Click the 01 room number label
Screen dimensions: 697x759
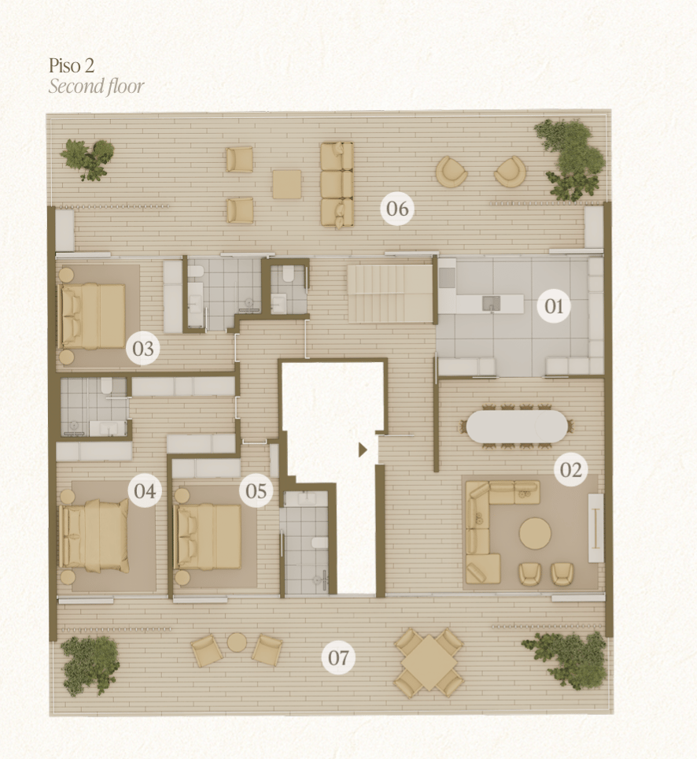coord(554,306)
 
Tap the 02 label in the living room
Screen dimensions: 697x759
coord(571,469)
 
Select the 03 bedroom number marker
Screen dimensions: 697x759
coord(143,349)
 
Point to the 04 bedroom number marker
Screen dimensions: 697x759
coord(145,491)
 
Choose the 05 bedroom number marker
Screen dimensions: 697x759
coord(256,491)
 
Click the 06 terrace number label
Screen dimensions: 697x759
coord(397,209)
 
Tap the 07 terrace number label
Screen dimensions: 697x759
coord(338,657)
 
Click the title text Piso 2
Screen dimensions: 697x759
coord(72,65)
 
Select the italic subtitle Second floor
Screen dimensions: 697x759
coord(96,86)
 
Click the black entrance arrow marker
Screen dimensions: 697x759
coord(363,450)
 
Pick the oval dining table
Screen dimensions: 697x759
coord(517,426)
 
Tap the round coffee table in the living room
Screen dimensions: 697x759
coord(535,534)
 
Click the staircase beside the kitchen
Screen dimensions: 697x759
coord(389,293)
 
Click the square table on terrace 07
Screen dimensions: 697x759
coord(429,663)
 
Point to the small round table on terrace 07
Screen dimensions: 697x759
coord(237,642)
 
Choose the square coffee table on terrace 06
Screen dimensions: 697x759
coord(287,184)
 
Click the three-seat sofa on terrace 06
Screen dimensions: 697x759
coord(337,184)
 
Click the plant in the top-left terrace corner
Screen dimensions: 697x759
coord(87,159)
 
